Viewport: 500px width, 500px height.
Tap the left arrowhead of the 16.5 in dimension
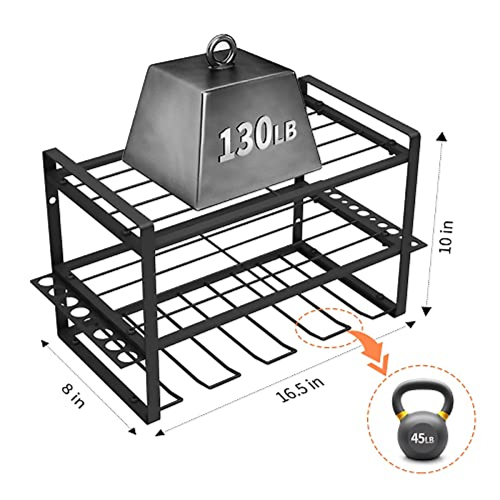tap(158, 433)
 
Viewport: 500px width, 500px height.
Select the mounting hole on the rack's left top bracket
tap(52, 201)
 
